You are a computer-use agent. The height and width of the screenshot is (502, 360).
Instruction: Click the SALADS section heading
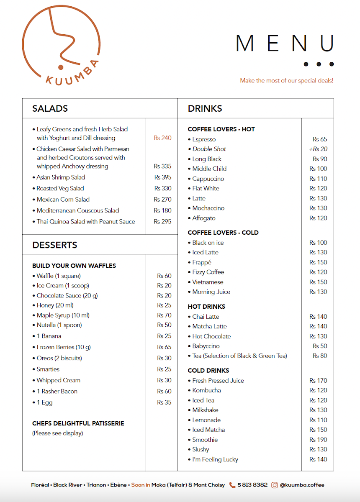[50, 108]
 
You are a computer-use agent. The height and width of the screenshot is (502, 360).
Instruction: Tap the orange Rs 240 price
[162, 138]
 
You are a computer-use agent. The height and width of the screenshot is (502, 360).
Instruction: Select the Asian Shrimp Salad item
[61, 177]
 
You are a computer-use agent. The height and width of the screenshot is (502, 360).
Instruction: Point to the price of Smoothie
[318, 440]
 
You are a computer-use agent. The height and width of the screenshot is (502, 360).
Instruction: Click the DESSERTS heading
[55, 245]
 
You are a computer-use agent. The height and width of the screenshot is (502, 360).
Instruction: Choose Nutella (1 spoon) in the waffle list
[59, 325]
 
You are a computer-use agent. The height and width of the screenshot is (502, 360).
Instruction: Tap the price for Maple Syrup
[164, 315]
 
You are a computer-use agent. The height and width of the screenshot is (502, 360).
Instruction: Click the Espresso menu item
[204, 139]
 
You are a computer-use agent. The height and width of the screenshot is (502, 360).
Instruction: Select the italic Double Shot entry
[209, 149]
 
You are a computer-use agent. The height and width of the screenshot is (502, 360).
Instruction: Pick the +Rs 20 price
[318, 149]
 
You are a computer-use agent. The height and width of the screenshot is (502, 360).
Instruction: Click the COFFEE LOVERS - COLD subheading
[223, 233]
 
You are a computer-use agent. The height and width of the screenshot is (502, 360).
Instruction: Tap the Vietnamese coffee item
[208, 282]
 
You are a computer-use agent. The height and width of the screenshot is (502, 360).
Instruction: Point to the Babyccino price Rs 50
[320, 346]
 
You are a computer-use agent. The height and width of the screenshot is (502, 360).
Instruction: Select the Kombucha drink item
[206, 390]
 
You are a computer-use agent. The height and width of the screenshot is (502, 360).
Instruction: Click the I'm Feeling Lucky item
[215, 459]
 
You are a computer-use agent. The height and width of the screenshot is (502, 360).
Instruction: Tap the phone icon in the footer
[232, 485]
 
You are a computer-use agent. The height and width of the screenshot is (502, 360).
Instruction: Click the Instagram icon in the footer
[275, 485]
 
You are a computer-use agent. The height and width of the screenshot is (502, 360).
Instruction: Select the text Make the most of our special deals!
[286, 80]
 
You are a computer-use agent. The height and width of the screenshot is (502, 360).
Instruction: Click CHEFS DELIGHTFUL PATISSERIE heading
[78, 423]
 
